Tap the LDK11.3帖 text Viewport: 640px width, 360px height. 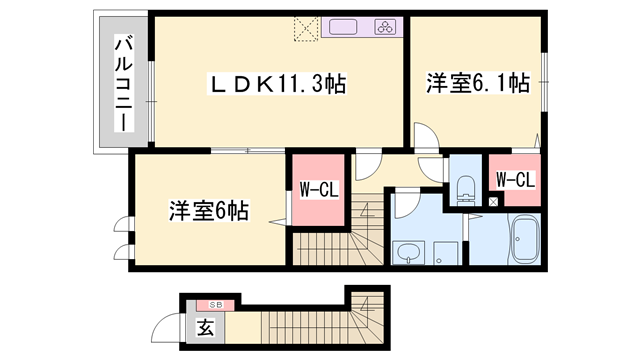(275, 84)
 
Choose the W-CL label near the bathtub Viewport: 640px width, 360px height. (515, 180)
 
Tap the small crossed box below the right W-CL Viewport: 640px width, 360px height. (491, 203)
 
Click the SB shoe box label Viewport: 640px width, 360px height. (213, 303)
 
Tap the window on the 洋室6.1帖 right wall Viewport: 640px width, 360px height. (546, 75)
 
